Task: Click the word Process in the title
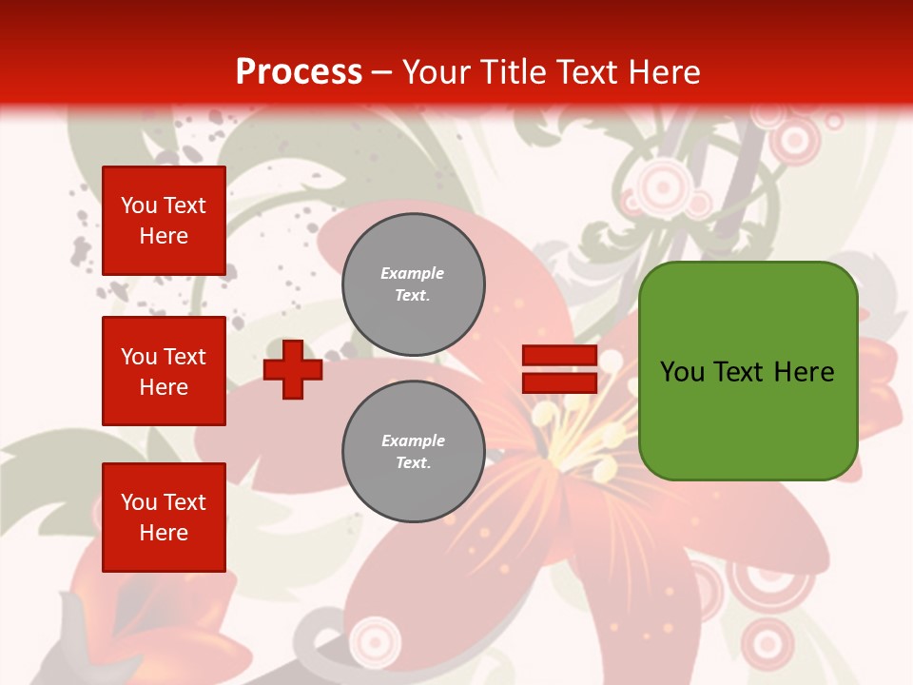(299, 72)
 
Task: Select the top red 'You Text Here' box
(164, 221)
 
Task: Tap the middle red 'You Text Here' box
(164, 371)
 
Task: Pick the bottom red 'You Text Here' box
(164, 518)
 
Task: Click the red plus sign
(293, 369)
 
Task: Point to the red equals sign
(559, 369)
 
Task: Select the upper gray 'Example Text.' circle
(414, 284)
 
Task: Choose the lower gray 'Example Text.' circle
(414, 452)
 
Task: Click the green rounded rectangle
(748, 371)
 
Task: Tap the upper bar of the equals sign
(559, 356)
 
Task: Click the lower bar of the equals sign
(559, 382)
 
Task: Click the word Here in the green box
(804, 372)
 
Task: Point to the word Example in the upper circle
(412, 273)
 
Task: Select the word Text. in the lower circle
(413, 463)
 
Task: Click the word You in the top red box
(139, 205)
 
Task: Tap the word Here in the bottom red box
(164, 533)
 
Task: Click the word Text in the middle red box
(185, 357)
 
